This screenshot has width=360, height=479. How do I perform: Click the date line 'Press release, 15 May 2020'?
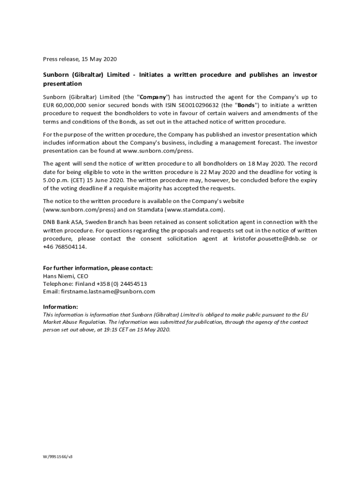79,59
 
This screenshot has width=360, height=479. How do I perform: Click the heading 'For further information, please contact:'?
98,268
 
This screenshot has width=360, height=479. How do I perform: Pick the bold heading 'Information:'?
60,307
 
